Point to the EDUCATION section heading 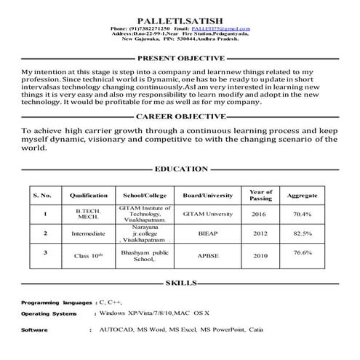181,169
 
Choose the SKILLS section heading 181,283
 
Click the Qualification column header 89,196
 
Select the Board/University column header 207,196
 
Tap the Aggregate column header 302,196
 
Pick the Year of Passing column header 260,195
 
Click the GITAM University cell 207,215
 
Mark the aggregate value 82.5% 302,233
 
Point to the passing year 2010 260,256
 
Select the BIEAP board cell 207,235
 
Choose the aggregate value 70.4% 302,215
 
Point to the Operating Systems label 49,313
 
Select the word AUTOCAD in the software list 115,329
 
